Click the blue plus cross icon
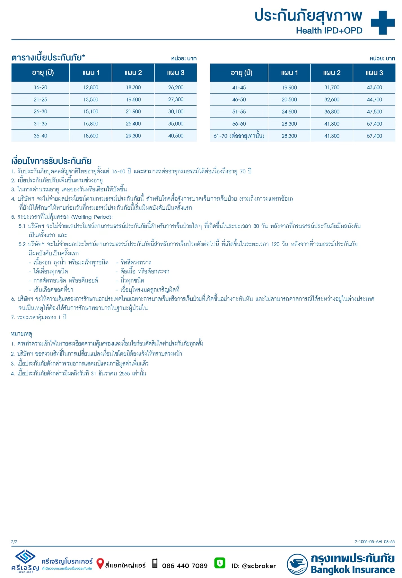[x=382, y=23]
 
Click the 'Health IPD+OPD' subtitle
[x=329, y=30]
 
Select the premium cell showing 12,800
[x=91, y=87]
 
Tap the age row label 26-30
[x=40, y=111]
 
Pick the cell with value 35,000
[x=176, y=124]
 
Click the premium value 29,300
[x=133, y=136]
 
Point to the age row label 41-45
[x=239, y=87]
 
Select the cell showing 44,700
[x=374, y=100]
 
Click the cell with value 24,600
[x=289, y=112]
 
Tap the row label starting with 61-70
[x=239, y=136]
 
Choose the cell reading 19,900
[x=289, y=87]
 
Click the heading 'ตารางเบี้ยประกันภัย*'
[x=48, y=58]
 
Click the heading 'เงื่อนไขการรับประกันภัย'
[x=51, y=161]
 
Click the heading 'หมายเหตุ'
[x=21, y=334]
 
